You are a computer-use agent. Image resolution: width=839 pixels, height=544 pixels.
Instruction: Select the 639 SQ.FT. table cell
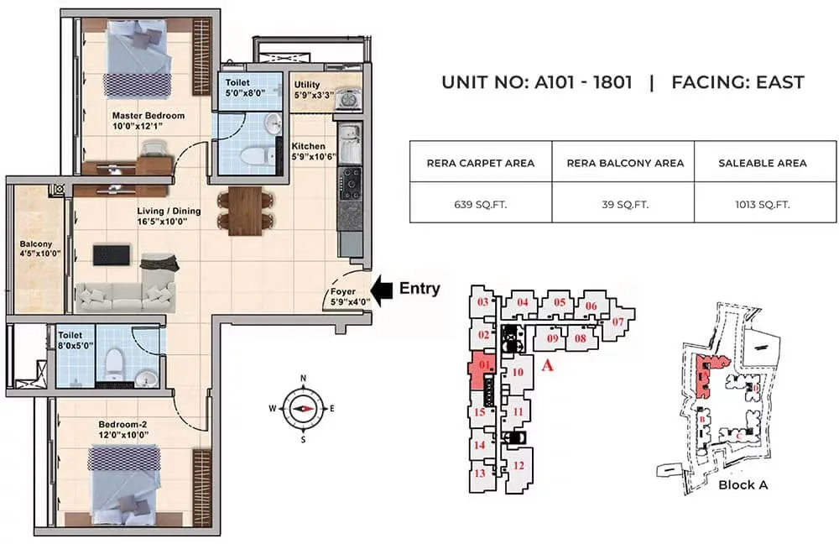(481, 203)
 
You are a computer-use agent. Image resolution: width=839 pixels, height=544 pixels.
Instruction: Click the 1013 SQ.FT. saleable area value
(762, 203)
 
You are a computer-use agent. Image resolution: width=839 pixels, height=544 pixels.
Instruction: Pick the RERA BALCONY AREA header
(623, 163)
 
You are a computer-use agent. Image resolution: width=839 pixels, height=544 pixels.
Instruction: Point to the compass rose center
(304, 407)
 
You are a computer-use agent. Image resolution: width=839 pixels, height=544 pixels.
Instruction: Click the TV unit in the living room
(112, 254)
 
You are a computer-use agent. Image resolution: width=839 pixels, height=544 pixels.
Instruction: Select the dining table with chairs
(243, 209)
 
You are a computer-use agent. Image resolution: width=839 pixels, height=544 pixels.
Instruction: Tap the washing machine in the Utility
(344, 100)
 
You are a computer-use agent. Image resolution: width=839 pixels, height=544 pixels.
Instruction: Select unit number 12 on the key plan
(518, 466)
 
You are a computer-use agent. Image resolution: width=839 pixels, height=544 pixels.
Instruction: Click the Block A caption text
(743, 484)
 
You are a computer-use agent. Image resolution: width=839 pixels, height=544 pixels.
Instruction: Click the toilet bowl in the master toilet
(253, 156)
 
